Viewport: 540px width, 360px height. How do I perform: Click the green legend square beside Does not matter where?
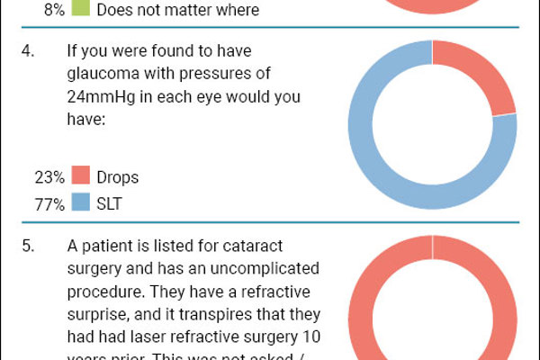tap(80, 10)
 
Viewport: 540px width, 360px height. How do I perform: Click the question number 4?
tap(27, 54)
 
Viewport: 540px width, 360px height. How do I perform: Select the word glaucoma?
tap(102, 76)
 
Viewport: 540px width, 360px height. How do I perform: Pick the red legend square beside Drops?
tap(80, 176)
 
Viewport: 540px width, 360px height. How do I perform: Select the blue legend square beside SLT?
tap(80, 203)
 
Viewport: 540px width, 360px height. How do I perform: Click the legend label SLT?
tap(109, 204)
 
